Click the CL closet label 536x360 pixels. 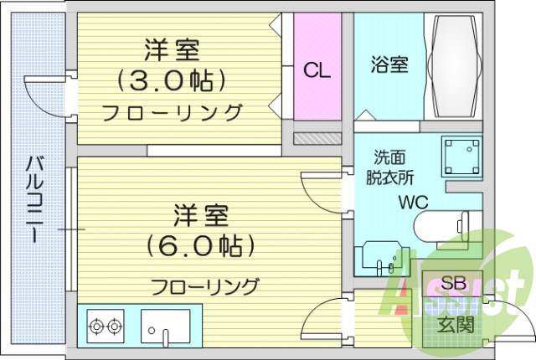coord(317,70)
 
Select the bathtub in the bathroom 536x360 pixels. coord(454,67)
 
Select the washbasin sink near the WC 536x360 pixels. coord(383,258)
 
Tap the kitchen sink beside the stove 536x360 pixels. coord(166,326)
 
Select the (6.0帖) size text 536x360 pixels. coord(199,246)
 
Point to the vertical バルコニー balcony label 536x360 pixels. coord(34,198)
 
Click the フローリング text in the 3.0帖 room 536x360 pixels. coord(173,112)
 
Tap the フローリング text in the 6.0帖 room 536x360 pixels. coord(204,286)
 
